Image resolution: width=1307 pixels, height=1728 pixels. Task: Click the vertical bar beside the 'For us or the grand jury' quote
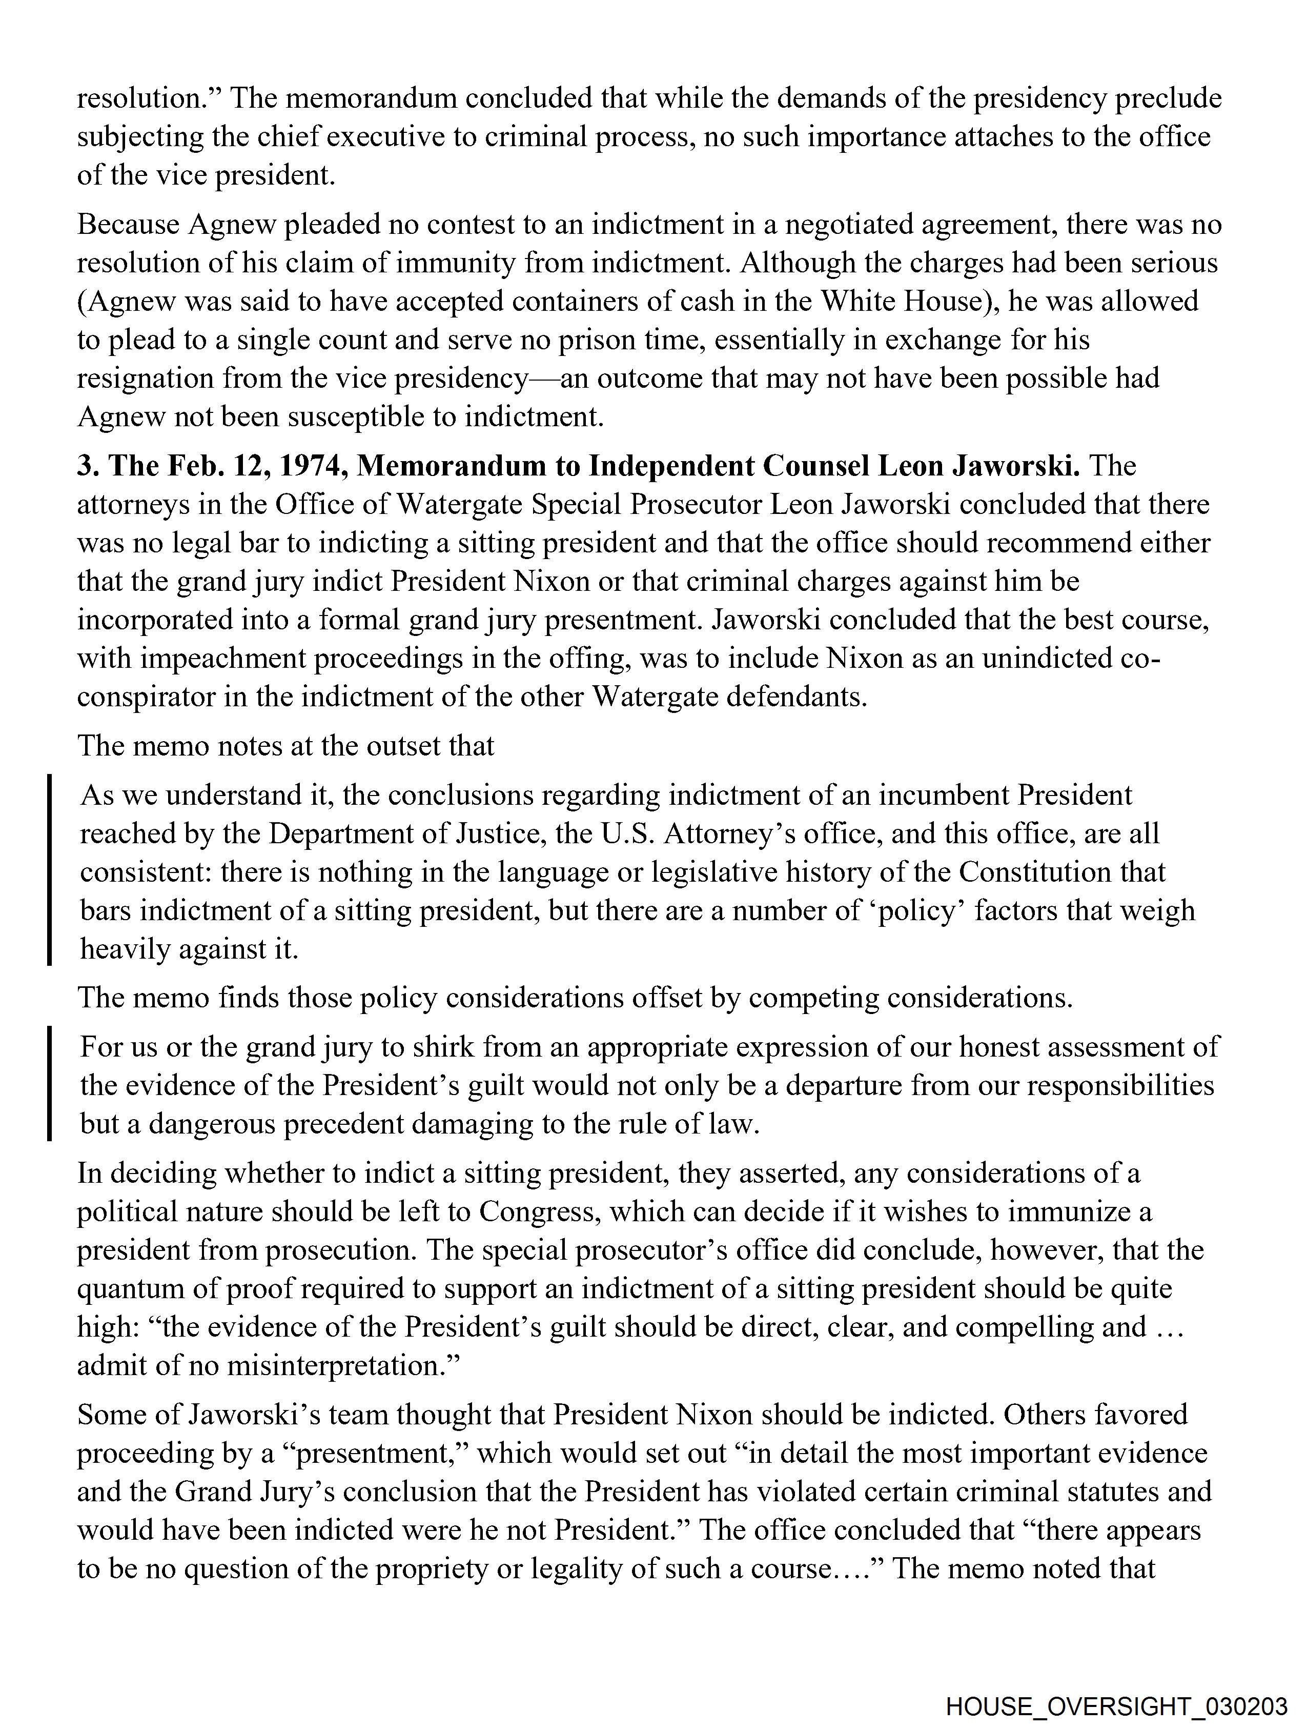(50, 1083)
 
